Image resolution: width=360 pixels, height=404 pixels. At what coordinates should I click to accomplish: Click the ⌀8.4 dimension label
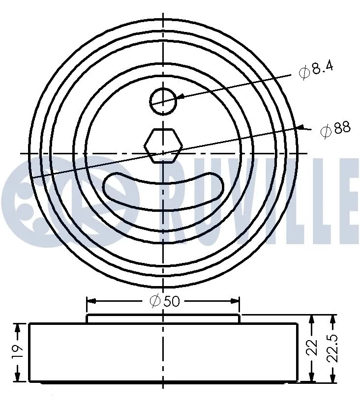tap(316, 69)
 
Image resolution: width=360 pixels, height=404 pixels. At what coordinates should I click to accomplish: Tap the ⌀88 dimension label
tap(335, 130)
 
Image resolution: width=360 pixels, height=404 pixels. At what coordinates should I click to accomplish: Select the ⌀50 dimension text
tap(164, 301)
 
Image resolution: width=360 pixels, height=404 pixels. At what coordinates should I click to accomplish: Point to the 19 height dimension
tap(16, 351)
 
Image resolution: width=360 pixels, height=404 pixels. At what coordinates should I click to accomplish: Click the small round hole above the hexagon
tap(162, 100)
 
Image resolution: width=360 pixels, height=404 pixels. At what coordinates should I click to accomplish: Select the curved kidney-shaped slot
tap(163, 192)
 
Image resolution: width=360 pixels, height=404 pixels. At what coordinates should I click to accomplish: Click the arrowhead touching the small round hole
tap(180, 96)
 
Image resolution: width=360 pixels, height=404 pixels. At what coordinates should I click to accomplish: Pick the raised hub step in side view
tap(163, 318)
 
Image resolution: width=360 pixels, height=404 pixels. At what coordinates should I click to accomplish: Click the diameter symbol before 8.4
tap(304, 73)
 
